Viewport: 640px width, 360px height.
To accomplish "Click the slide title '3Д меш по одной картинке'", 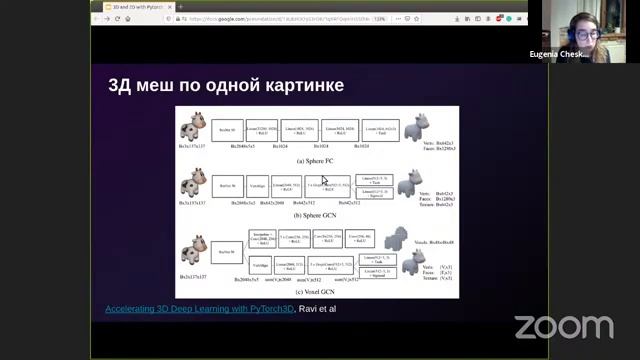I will click(226, 86).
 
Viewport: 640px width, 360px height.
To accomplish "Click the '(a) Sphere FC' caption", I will click(316, 160).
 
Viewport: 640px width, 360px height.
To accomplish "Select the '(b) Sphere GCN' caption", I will click(316, 215).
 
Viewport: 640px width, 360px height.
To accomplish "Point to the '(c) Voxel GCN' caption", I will click(316, 291).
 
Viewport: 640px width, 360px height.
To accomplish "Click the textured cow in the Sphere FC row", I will click(192, 127).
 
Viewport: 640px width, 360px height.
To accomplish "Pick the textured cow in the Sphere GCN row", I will click(192, 182).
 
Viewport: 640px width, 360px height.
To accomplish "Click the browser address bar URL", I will click(270, 19).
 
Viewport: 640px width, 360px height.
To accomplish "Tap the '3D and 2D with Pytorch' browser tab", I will click(135, 6).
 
